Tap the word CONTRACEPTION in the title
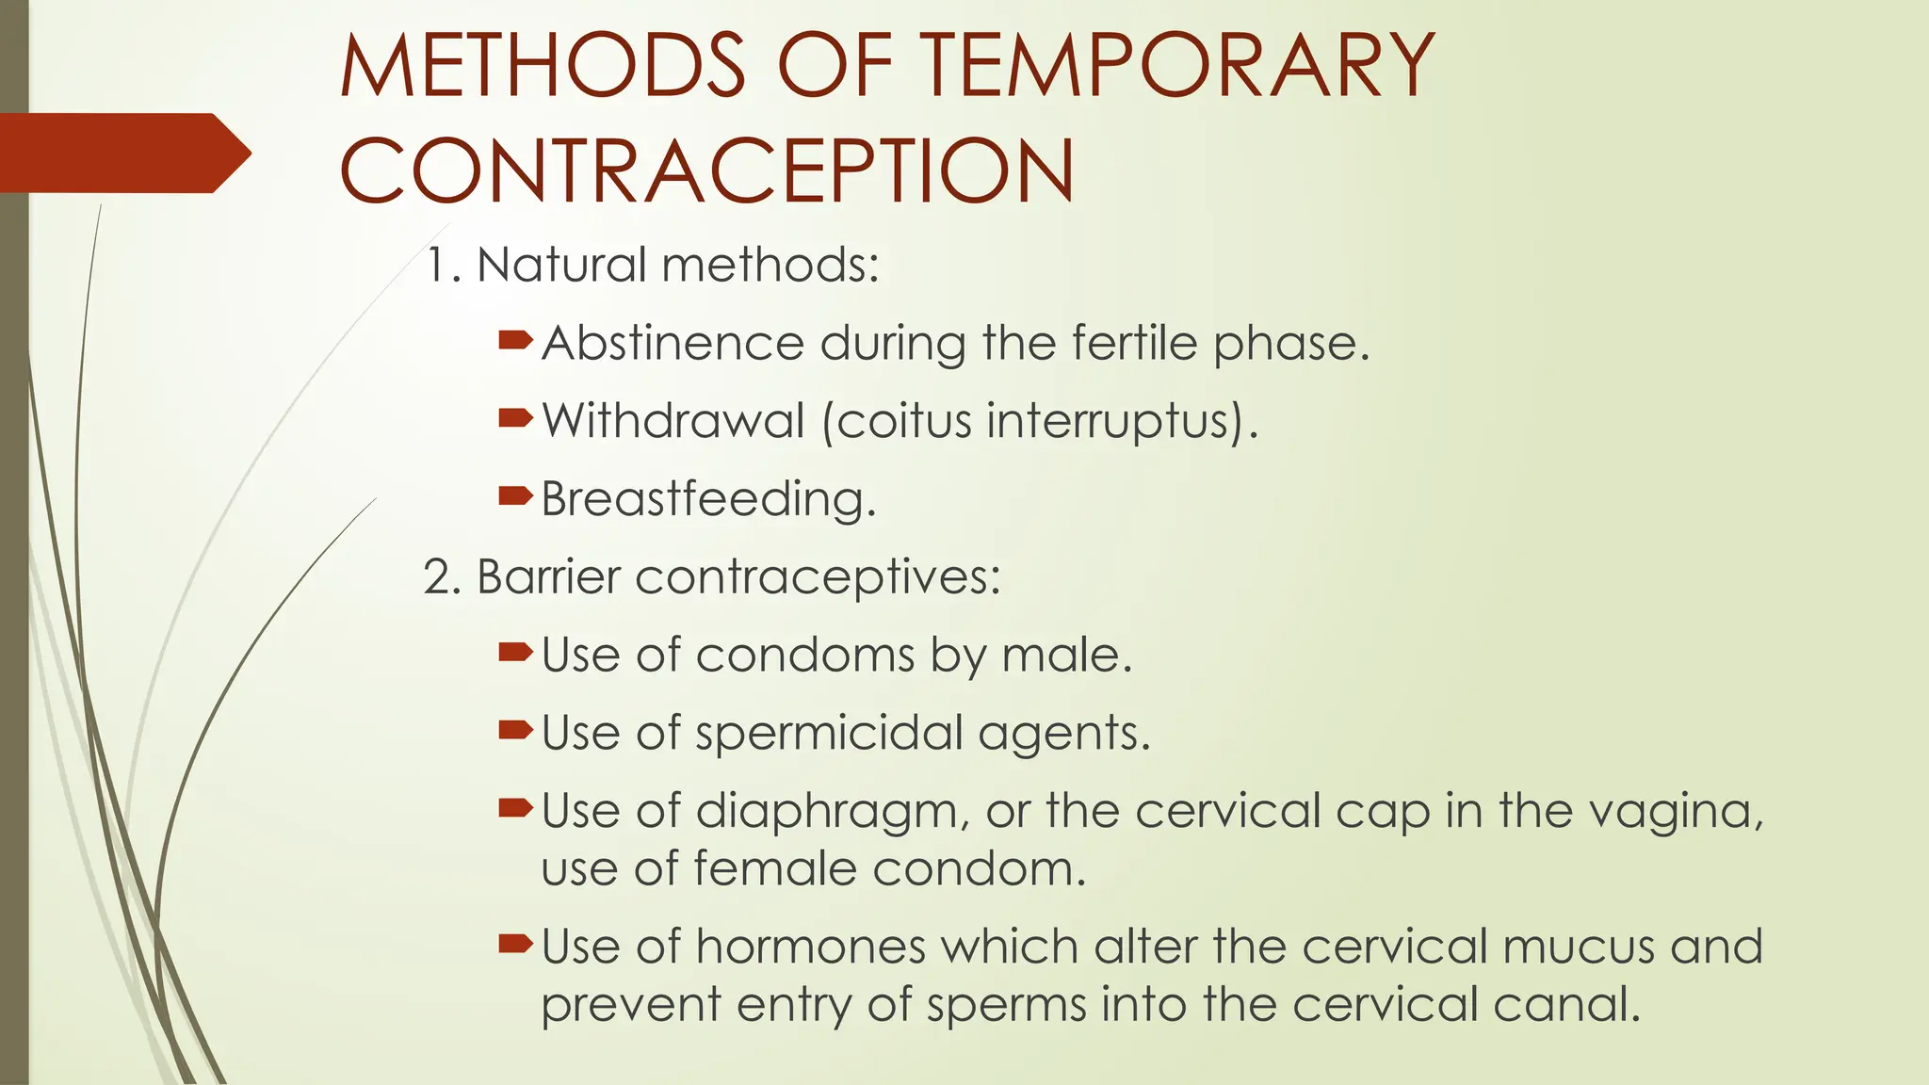[706, 171]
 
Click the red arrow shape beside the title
[122, 153]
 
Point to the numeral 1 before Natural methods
[435, 265]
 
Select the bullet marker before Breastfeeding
[515, 495]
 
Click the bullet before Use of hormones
[515, 943]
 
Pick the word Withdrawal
[673, 420]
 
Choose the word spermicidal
[829, 734]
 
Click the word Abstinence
[673, 343]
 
